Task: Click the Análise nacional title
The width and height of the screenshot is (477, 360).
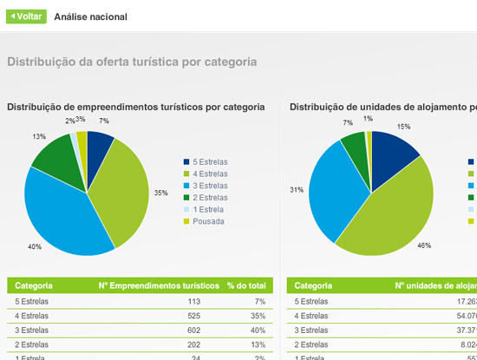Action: (90, 16)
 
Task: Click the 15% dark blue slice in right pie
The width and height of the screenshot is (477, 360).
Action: (390, 156)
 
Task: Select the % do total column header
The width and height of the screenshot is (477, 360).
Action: (246, 285)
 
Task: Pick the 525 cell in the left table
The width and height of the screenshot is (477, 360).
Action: (193, 316)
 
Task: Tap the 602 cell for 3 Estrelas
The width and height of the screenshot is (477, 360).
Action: (193, 331)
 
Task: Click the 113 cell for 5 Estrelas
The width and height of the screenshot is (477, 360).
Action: (193, 301)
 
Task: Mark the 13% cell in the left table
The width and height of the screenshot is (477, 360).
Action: (259, 345)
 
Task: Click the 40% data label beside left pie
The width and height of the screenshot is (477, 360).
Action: (35, 247)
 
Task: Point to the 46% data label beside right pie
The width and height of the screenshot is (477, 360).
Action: (424, 245)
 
